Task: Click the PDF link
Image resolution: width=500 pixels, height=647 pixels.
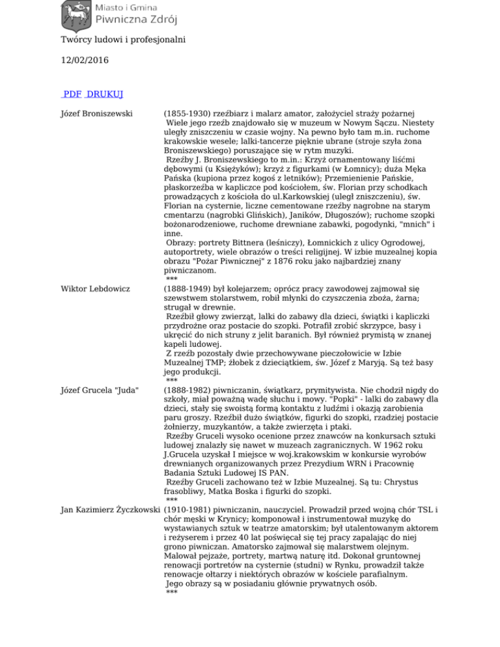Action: pos(72,94)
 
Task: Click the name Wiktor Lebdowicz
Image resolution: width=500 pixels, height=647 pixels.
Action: pos(93,269)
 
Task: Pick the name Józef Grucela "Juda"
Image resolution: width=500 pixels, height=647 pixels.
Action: pos(99,389)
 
